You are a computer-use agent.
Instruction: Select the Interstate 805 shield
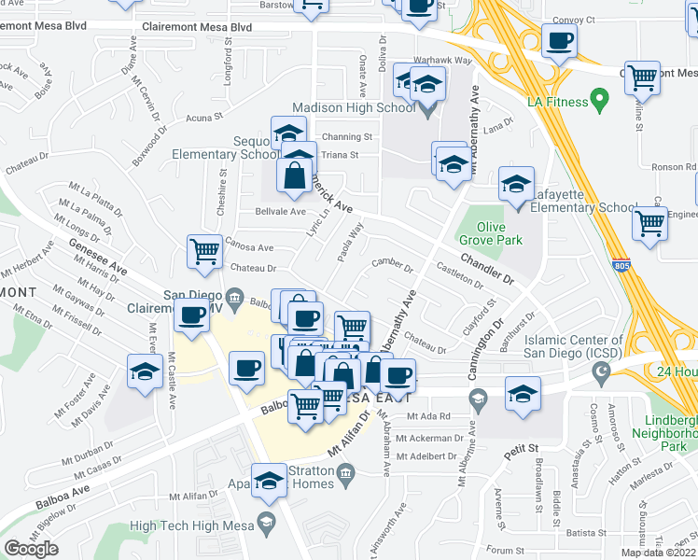[x=621, y=266]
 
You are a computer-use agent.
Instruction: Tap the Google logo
[x=30, y=548]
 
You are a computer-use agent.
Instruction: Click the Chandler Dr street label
[x=486, y=267]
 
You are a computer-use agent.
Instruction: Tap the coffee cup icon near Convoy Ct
[x=560, y=41]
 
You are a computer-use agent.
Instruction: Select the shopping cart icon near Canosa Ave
[x=204, y=250]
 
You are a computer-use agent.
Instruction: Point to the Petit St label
[x=522, y=453]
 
